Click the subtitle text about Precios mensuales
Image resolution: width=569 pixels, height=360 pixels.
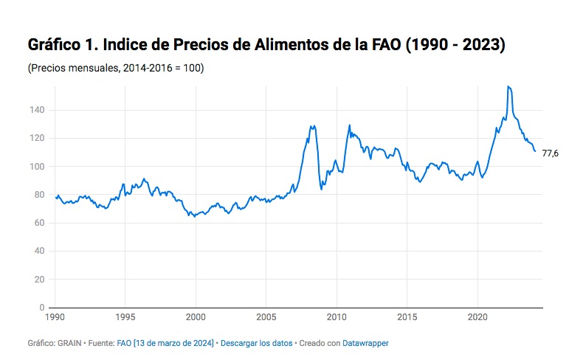tap(116, 69)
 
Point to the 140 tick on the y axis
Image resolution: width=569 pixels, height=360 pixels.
tap(37, 110)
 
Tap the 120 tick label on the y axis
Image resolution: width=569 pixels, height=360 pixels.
tap(37, 138)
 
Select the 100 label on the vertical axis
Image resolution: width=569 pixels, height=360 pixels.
tap(37, 167)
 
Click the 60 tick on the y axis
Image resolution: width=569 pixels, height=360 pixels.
tap(39, 223)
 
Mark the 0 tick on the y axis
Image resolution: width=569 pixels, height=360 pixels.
tap(42, 308)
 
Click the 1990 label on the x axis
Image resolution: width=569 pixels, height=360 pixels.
tap(55, 317)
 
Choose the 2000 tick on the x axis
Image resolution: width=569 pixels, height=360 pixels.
tap(196, 317)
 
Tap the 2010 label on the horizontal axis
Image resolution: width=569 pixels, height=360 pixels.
tap(337, 317)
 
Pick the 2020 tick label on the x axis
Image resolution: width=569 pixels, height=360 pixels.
tap(477, 317)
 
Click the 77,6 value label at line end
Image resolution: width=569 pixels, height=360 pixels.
tap(550, 153)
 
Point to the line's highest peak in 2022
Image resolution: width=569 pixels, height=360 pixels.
tap(508, 87)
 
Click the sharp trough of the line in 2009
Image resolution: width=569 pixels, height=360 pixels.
tap(321, 189)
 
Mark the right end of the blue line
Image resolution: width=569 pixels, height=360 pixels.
tap(535, 151)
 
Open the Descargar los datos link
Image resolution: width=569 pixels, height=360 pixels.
tap(256, 343)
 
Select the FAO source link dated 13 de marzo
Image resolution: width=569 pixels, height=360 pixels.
tap(165, 343)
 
